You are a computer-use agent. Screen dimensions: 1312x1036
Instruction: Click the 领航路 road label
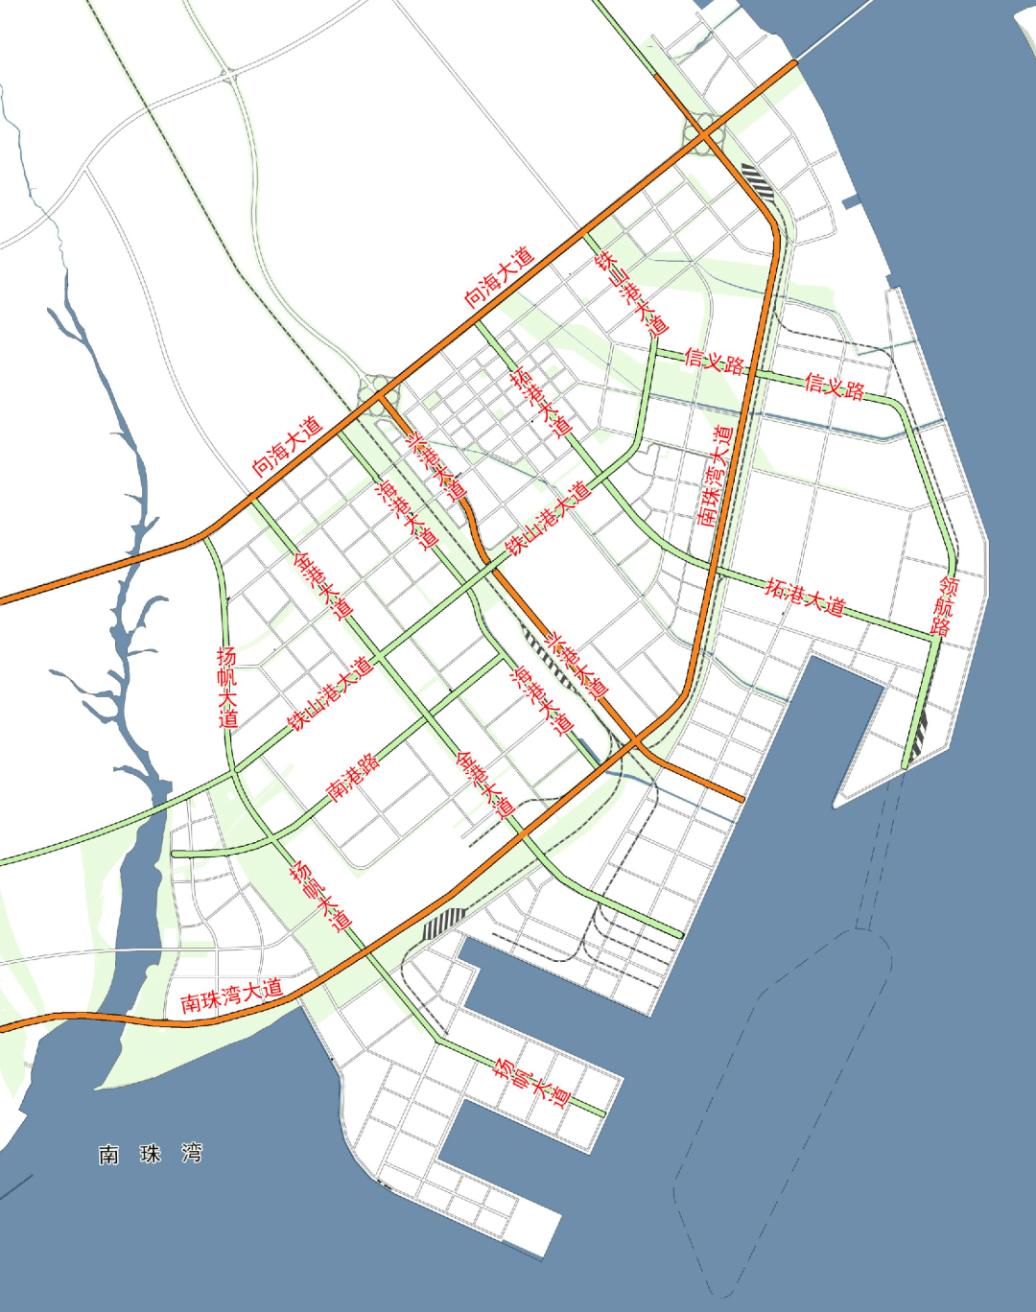point(945,606)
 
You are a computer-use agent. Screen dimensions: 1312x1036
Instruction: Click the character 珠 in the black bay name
point(151,1154)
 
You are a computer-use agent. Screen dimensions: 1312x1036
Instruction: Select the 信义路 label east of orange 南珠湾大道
point(835,387)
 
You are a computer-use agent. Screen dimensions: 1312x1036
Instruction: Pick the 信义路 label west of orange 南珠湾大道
point(715,362)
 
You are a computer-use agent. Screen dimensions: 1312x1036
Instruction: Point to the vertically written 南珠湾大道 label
point(716,476)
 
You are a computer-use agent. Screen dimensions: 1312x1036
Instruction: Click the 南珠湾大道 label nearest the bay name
point(231,996)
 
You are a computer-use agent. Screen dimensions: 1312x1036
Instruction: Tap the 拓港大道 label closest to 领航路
point(805,597)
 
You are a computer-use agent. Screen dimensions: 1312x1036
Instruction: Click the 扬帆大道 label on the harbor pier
point(531,1081)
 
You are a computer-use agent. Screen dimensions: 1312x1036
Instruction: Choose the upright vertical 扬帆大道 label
point(227,687)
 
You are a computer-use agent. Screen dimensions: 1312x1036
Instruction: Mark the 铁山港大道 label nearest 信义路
point(548,519)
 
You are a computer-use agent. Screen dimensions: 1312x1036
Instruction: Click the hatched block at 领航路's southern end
point(919,734)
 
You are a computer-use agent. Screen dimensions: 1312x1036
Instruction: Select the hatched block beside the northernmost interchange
point(757,180)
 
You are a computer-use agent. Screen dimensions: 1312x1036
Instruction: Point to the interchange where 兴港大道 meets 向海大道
point(378,391)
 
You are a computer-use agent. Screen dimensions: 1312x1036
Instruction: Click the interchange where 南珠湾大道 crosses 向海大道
point(704,135)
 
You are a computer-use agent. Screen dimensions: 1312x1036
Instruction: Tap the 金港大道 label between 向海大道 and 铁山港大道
point(323,585)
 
